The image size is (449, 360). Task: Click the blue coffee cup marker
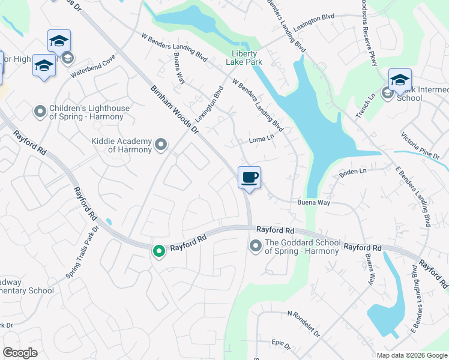pyautogui.click(x=250, y=178)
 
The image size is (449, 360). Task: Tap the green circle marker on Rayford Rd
pyautogui.click(x=159, y=251)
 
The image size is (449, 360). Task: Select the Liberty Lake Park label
pyautogui.click(x=244, y=57)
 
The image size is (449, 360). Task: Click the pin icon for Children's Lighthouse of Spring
pyautogui.click(x=40, y=112)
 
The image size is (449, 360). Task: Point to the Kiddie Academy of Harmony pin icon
pyautogui.click(x=160, y=145)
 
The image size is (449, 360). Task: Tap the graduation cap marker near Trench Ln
pyautogui.click(x=400, y=80)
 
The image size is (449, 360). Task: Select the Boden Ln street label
pyautogui.click(x=352, y=172)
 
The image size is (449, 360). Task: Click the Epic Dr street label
pyautogui.click(x=280, y=346)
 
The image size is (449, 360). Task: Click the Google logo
pyautogui.click(x=20, y=353)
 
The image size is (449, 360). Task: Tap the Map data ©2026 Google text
pyautogui.click(x=412, y=355)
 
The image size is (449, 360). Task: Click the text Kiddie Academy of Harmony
pyautogui.click(x=121, y=145)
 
